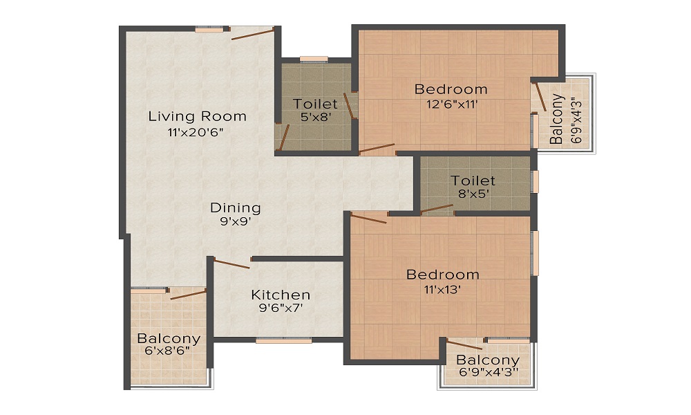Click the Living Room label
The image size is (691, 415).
click(x=197, y=116)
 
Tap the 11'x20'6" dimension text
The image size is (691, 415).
click(x=197, y=132)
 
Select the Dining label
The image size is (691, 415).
click(x=236, y=207)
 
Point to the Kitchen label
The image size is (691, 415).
click(x=281, y=294)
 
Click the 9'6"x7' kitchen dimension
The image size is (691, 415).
click(x=281, y=309)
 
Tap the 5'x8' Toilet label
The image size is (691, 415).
click(x=315, y=104)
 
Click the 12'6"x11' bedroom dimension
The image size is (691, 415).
click(x=451, y=104)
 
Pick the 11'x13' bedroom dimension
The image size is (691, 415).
click(x=442, y=290)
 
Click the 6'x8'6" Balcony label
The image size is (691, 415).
click(x=169, y=339)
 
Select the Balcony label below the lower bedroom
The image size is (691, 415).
click(x=488, y=360)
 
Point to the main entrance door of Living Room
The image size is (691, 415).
click(x=253, y=33)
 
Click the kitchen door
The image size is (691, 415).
click(x=232, y=263)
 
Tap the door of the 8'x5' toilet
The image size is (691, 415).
click(x=437, y=209)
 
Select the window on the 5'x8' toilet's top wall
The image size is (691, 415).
click(x=314, y=59)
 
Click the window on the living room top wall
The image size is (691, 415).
click(x=209, y=29)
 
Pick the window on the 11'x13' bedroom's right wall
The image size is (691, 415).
click(x=534, y=253)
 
